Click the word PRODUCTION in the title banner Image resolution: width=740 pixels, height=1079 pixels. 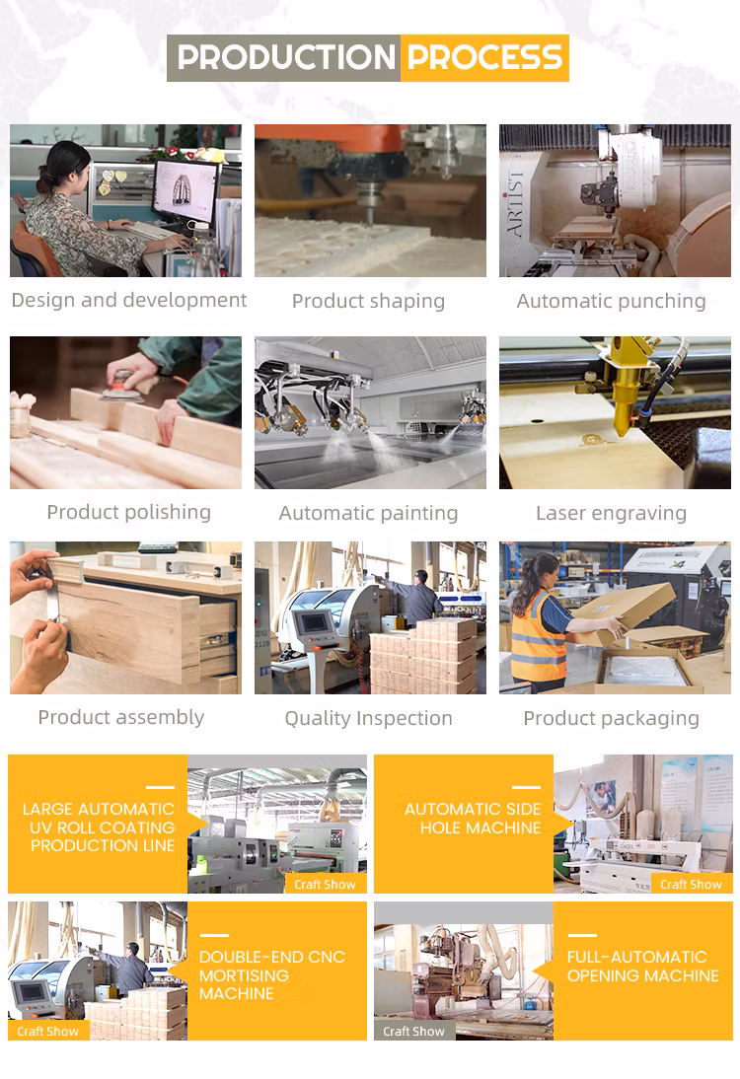(x=286, y=58)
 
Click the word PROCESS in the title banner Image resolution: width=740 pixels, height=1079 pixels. (x=484, y=58)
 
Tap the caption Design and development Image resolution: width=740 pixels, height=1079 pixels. (x=128, y=301)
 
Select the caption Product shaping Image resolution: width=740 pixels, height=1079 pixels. (x=368, y=302)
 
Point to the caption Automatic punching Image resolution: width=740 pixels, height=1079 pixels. (x=612, y=302)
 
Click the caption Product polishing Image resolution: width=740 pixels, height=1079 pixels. (x=128, y=513)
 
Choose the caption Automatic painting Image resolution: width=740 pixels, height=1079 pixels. (x=368, y=513)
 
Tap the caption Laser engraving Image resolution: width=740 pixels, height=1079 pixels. (x=612, y=513)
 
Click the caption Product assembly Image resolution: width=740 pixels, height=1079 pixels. (x=121, y=718)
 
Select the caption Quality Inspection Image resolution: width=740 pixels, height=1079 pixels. (x=368, y=718)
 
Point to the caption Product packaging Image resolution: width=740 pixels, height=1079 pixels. (x=612, y=718)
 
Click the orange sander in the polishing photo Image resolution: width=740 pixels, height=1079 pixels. (x=122, y=386)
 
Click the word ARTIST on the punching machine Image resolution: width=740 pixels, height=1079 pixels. (x=516, y=204)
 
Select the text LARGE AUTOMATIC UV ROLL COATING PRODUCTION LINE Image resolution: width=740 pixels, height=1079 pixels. (x=99, y=827)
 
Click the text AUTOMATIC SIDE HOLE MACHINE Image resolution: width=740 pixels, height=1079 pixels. (x=473, y=819)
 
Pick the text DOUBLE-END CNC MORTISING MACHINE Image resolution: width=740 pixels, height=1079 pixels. (x=272, y=975)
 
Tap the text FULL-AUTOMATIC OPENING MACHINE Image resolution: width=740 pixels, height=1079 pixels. (x=643, y=967)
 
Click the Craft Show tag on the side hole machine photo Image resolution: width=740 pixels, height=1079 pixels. (x=691, y=885)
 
